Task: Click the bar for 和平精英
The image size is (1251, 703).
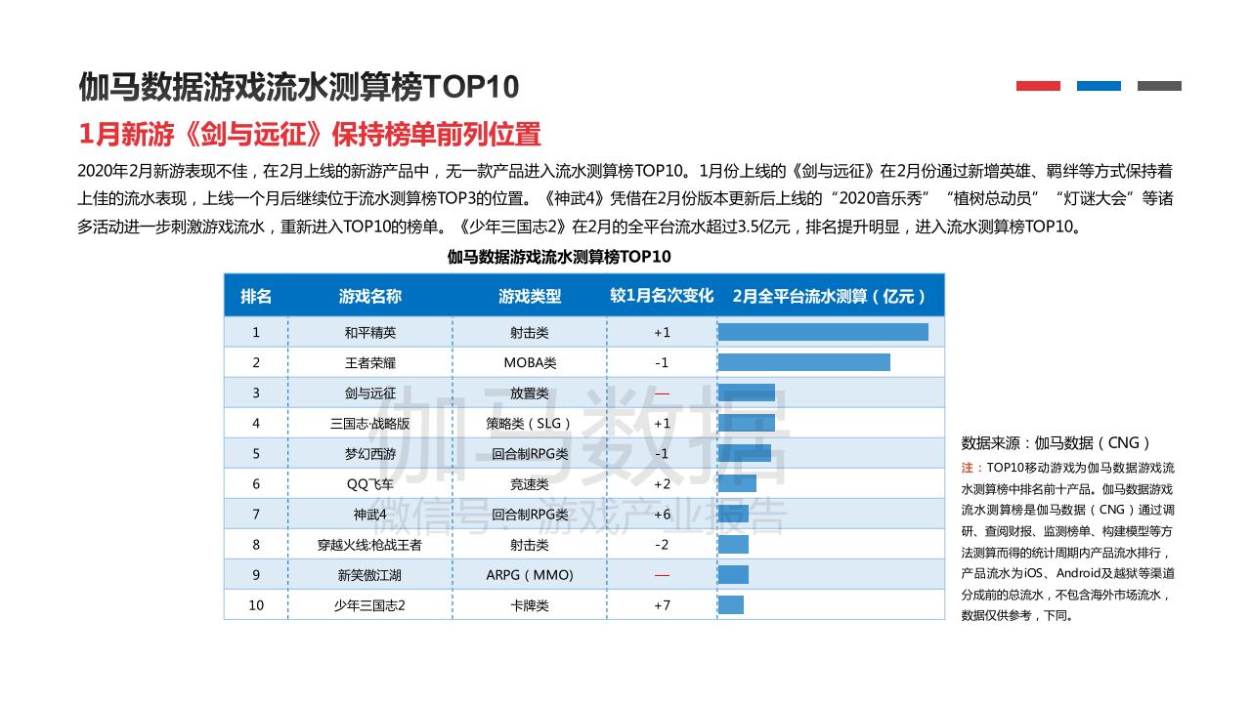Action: coord(823,332)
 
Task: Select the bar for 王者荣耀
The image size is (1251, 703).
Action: coord(803,362)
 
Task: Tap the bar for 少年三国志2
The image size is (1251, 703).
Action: coord(731,605)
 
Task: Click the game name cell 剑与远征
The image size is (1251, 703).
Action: coord(370,393)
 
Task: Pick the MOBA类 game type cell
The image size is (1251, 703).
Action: coord(530,363)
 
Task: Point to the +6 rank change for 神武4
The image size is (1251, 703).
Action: coord(662,515)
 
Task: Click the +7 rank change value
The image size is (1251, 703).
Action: coord(662,605)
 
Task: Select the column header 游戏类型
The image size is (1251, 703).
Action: coord(530,296)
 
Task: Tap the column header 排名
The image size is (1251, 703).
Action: coord(256,296)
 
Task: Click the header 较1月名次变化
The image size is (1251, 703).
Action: coord(662,296)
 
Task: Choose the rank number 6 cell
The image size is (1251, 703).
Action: coord(256,484)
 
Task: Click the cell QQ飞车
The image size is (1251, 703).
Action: coord(370,484)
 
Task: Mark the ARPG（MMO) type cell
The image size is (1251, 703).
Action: coord(530,575)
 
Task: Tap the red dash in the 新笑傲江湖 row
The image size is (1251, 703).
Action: coord(662,575)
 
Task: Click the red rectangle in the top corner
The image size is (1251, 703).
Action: coord(1038,86)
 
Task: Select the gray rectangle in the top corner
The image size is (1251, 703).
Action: coord(1159,86)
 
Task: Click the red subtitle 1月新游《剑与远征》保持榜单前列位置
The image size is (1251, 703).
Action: coord(310,134)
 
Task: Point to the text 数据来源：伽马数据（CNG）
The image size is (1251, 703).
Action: coord(1057,442)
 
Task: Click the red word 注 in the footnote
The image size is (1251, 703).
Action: coord(967,468)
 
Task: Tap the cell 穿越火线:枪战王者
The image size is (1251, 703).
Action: coord(370,545)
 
